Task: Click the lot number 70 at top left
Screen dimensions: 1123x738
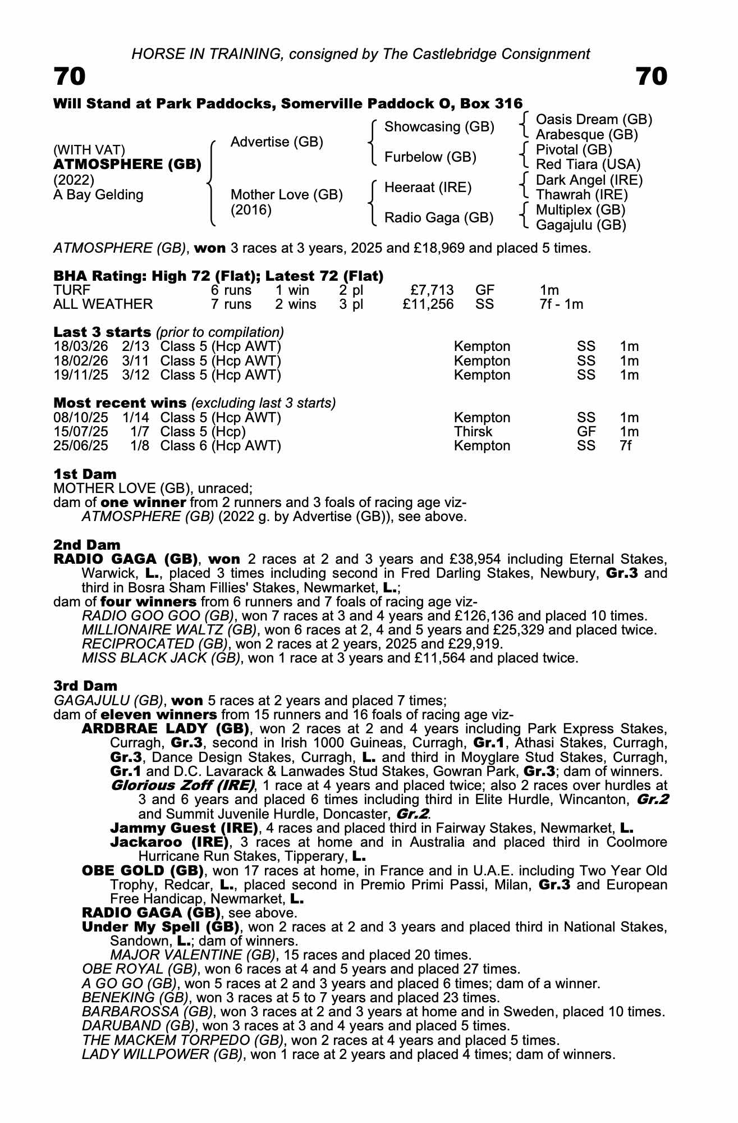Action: tap(70, 76)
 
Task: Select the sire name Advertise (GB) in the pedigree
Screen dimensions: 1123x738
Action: tap(277, 142)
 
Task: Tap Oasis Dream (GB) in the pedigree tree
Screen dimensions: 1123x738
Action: tap(594, 120)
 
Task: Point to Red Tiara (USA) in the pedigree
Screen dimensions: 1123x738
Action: tap(588, 165)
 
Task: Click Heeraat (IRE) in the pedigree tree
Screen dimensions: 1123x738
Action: tap(428, 188)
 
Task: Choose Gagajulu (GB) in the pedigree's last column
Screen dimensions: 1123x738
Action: tap(581, 225)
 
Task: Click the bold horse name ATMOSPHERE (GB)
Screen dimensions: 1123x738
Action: tap(127, 165)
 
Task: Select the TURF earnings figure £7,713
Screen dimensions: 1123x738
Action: tap(432, 290)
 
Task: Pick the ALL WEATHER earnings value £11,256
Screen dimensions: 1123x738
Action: tap(428, 304)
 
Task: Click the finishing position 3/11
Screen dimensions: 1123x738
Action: tap(136, 361)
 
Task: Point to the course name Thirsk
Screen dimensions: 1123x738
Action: tap(473, 432)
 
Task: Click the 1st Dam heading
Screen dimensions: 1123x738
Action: tap(85, 474)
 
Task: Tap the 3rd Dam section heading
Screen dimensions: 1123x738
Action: tap(85, 686)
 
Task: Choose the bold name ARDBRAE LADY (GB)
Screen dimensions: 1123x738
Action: tap(166, 729)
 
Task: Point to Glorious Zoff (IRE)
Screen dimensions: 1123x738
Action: tap(183, 785)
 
